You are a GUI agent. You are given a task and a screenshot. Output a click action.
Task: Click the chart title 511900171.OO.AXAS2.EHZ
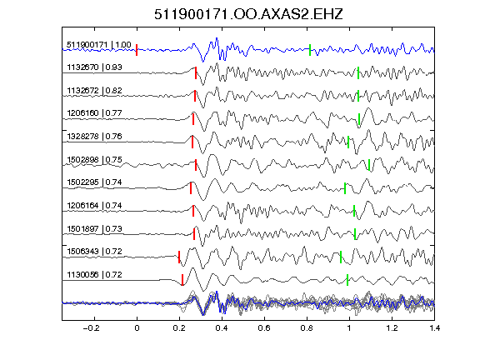point(248,14)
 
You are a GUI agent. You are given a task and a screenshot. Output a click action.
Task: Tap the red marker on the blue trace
point(137,50)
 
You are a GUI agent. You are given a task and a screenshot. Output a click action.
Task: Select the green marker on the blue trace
point(310,50)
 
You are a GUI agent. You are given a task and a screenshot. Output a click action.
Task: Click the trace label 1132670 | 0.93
point(94,67)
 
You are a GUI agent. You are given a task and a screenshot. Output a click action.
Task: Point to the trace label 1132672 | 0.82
point(94,91)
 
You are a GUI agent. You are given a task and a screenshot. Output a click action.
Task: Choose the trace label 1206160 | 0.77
point(94,113)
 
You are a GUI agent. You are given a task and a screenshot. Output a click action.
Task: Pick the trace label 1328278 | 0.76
point(94,137)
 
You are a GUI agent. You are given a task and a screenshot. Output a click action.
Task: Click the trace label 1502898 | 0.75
point(94,160)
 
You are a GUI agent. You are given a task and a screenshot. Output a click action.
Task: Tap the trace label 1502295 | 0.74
point(94,182)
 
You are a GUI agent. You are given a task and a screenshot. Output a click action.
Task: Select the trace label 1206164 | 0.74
point(94,206)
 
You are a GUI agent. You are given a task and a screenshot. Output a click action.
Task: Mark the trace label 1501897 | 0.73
point(94,229)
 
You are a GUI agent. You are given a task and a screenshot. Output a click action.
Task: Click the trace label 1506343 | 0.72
point(94,252)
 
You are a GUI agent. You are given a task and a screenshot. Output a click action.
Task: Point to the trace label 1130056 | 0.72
point(94,275)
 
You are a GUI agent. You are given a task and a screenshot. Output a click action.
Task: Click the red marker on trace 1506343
point(179,257)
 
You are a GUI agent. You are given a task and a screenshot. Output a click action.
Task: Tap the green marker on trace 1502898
point(369,165)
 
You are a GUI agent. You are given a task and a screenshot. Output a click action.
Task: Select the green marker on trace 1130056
point(347,280)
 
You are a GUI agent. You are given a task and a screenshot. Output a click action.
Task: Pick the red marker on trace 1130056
point(182,280)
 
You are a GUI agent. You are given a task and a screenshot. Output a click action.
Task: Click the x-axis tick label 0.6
point(264,328)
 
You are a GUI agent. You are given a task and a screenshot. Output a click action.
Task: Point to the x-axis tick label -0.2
point(91,328)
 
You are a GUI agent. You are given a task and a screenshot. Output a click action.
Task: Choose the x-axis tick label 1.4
point(435,328)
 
